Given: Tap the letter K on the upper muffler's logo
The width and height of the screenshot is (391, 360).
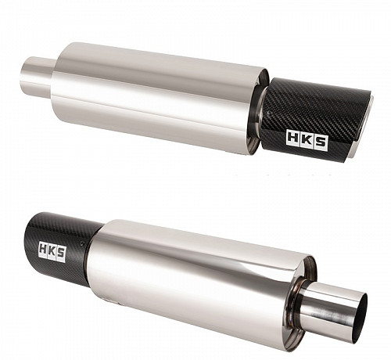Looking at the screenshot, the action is coord(307,139).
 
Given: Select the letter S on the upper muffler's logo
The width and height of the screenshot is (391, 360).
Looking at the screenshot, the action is coord(321,142).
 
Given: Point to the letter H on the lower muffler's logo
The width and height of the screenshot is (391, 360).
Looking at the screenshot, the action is coord(43,249).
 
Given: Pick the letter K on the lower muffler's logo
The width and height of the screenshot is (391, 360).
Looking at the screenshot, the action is coord(52,250).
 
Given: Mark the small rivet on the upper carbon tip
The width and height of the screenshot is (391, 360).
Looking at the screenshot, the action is coord(269,113).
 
